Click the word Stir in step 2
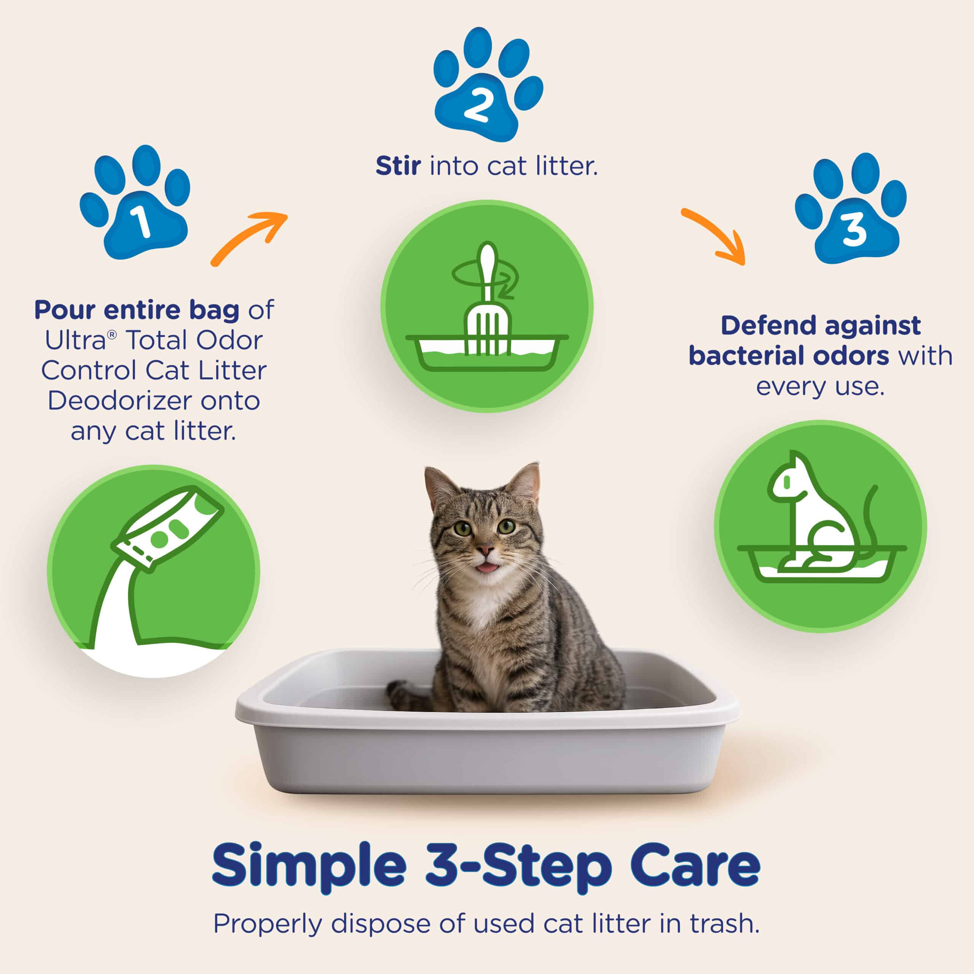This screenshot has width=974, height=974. [x=398, y=166]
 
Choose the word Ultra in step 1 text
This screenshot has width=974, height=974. [x=76, y=340]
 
